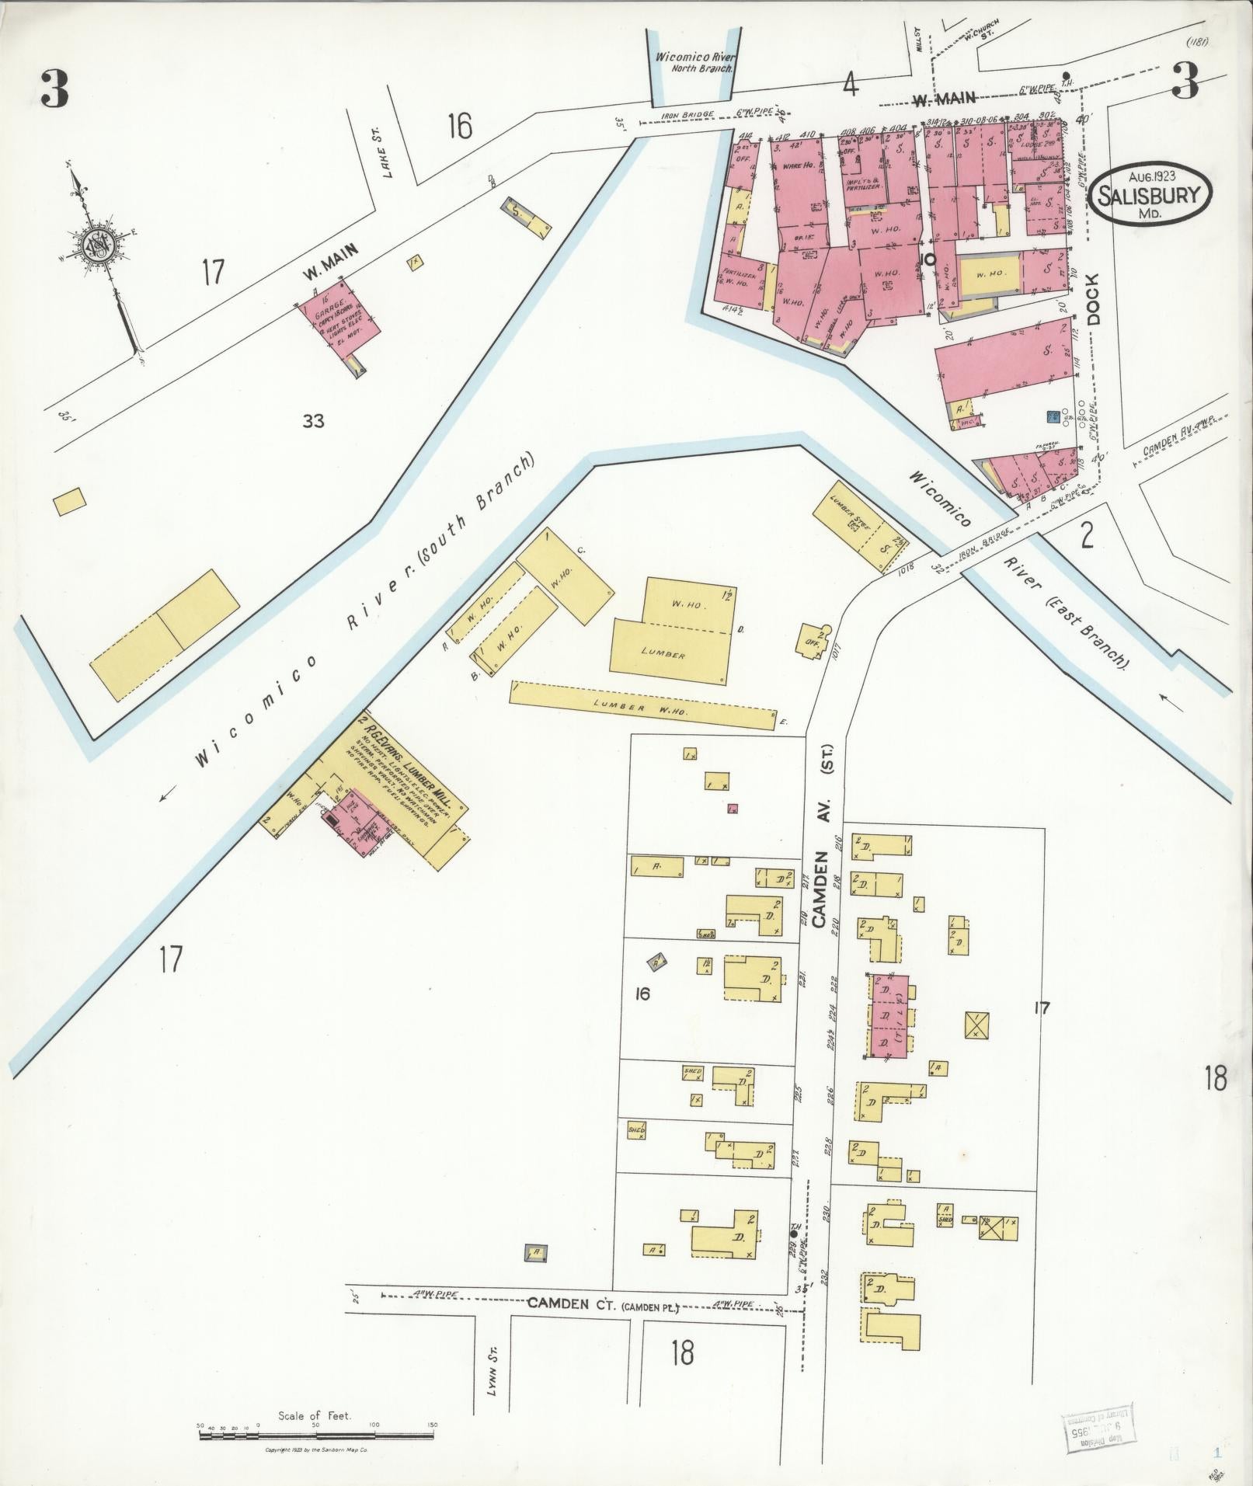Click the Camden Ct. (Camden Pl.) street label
pos(602,1304)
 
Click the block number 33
pos(314,422)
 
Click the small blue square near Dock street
pos(1053,417)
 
